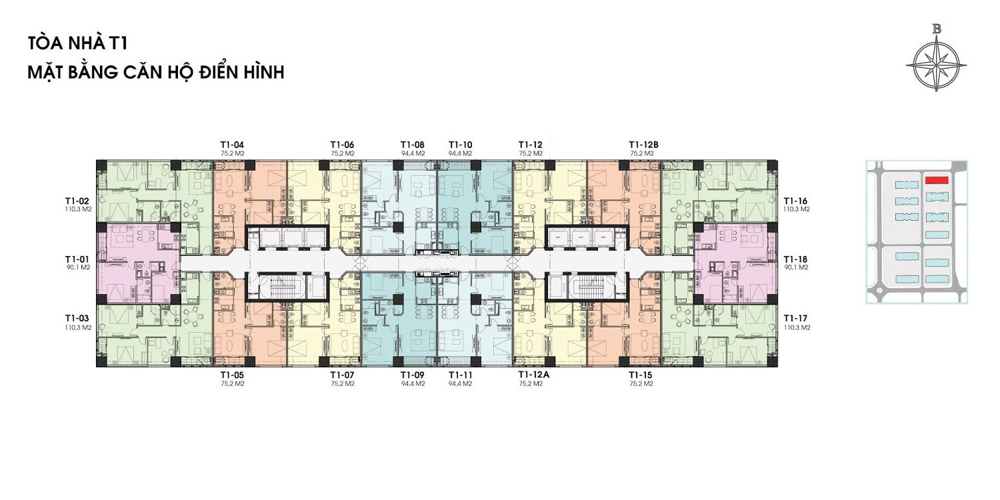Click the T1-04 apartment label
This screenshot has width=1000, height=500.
(x=232, y=145)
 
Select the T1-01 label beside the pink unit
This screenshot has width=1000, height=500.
(x=77, y=259)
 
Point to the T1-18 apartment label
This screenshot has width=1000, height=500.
(x=795, y=259)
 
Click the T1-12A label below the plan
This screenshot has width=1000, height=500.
(x=534, y=375)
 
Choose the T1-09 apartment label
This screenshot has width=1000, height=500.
(x=413, y=375)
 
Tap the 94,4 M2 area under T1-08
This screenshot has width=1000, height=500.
(x=413, y=153)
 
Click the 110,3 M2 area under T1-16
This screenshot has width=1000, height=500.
(x=797, y=209)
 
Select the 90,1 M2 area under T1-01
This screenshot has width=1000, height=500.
(x=78, y=267)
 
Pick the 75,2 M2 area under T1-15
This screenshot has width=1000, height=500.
(x=641, y=383)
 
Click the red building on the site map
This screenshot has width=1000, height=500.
(x=937, y=180)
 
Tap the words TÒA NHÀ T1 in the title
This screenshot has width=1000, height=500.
(x=78, y=44)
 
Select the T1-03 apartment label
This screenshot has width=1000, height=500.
(x=77, y=319)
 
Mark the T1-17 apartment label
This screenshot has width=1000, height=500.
(x=795, y=319)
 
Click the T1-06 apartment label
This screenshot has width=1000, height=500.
(x=343, y=145)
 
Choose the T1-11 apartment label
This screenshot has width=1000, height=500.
(x=460, y=375)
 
